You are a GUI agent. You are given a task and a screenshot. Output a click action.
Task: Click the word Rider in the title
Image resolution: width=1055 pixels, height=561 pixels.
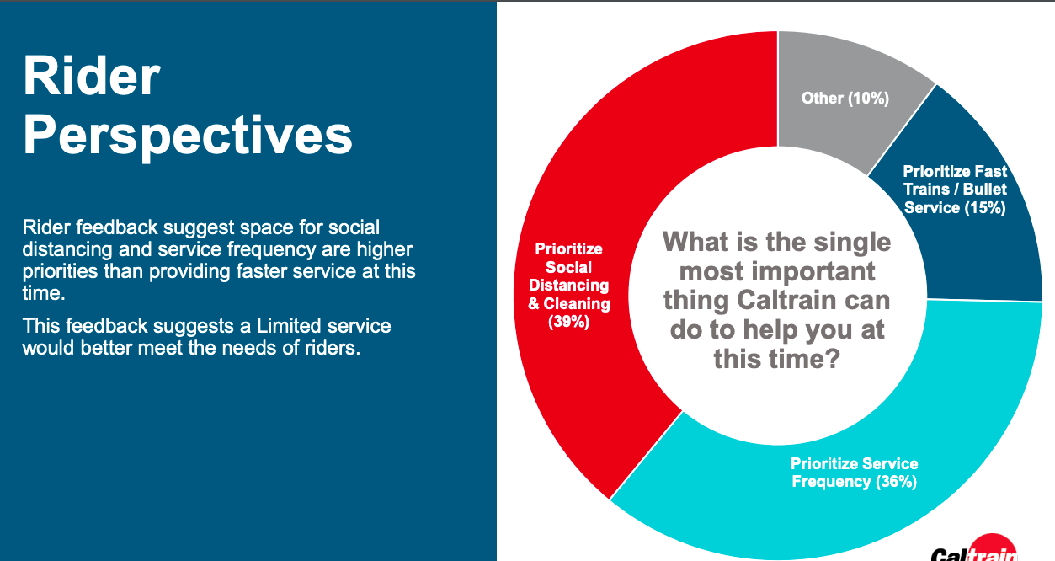click(92, 76)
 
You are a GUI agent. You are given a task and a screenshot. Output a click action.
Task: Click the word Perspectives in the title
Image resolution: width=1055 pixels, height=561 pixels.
click(188, 136)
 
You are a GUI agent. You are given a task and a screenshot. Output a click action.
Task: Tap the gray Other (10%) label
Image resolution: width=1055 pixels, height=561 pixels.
click(845, 98)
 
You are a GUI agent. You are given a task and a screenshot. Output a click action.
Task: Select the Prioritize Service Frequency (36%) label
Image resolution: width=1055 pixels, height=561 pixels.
click(855, 473)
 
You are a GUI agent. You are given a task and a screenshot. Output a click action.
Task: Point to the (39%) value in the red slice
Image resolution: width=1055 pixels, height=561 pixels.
click(568, 322)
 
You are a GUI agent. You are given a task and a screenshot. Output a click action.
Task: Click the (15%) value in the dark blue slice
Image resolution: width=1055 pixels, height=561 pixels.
click(985, 208)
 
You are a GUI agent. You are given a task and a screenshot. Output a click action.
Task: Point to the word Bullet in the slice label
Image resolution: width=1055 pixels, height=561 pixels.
click(985, 189)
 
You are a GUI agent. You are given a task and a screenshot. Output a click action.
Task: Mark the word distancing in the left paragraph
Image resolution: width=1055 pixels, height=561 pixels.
click(67, 250)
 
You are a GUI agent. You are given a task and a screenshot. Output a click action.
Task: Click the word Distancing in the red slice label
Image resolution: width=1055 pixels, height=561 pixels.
click(568, 286)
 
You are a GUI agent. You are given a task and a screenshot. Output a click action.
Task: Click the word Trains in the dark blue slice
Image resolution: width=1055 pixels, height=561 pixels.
click(926, 189)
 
